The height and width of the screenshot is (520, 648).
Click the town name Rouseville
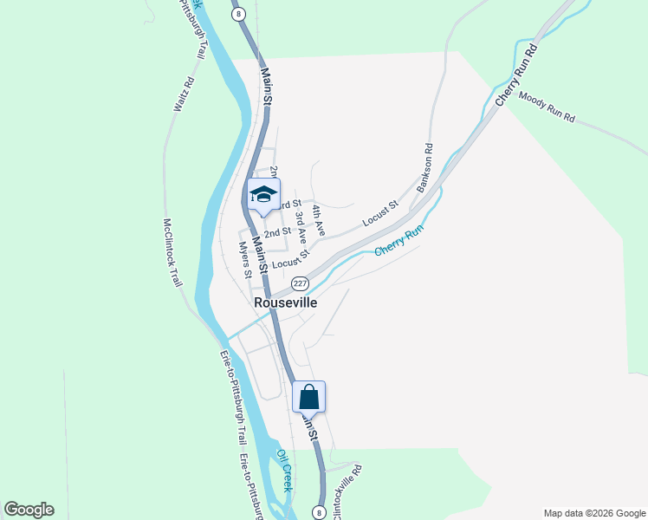tap(285, 303)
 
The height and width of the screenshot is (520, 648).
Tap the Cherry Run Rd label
tap(517, 76)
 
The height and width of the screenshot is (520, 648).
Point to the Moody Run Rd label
tap(547, 108)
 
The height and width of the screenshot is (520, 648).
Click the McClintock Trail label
tap(175, 252)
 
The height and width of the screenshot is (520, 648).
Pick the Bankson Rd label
tap(424, 167)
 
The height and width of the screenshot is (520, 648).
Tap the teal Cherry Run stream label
tap(399, 240)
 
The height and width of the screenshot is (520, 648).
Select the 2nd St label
tap(277, 232)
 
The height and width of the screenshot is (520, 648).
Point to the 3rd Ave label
tap(301, 225)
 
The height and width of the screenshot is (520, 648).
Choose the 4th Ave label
tap(319, 221)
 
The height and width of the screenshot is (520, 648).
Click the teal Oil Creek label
tap(285, 468)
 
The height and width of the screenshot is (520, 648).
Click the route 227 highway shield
tap(300, 283)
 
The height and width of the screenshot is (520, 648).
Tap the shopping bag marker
tap(309, 398)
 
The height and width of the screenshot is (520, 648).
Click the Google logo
tap(29, 510)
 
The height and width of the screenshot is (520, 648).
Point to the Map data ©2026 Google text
tap(593, 513)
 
